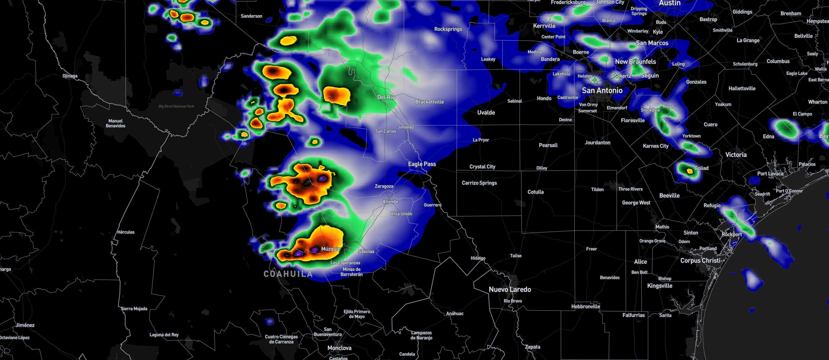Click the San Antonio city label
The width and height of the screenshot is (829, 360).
coord(602,91)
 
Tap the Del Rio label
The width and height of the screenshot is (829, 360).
coord(386,97)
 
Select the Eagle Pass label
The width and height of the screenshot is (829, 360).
coord(422,164)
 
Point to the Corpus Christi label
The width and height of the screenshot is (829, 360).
coord(700,261)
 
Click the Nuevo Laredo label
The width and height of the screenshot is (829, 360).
coord(510,290)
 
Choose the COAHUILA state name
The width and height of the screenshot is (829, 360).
coord(288,274)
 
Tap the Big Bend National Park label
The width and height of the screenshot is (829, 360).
coord(176,106)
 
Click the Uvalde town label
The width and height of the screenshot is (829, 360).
coord(486,113)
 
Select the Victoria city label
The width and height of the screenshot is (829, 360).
coord(736,155)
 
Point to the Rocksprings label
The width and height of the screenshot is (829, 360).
coord(448,29)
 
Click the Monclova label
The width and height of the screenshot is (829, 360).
coord(339,348)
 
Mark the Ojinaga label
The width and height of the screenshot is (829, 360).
coord(70,76)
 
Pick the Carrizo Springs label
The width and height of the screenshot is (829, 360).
coord(479,183)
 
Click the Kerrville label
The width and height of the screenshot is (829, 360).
coord(544,26)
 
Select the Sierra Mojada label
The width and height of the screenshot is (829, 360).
coord(134,309)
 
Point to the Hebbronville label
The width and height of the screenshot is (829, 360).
coord(585,307)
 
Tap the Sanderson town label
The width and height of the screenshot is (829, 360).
coord(251,16)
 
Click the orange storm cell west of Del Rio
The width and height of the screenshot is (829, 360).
coord(336,95)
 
